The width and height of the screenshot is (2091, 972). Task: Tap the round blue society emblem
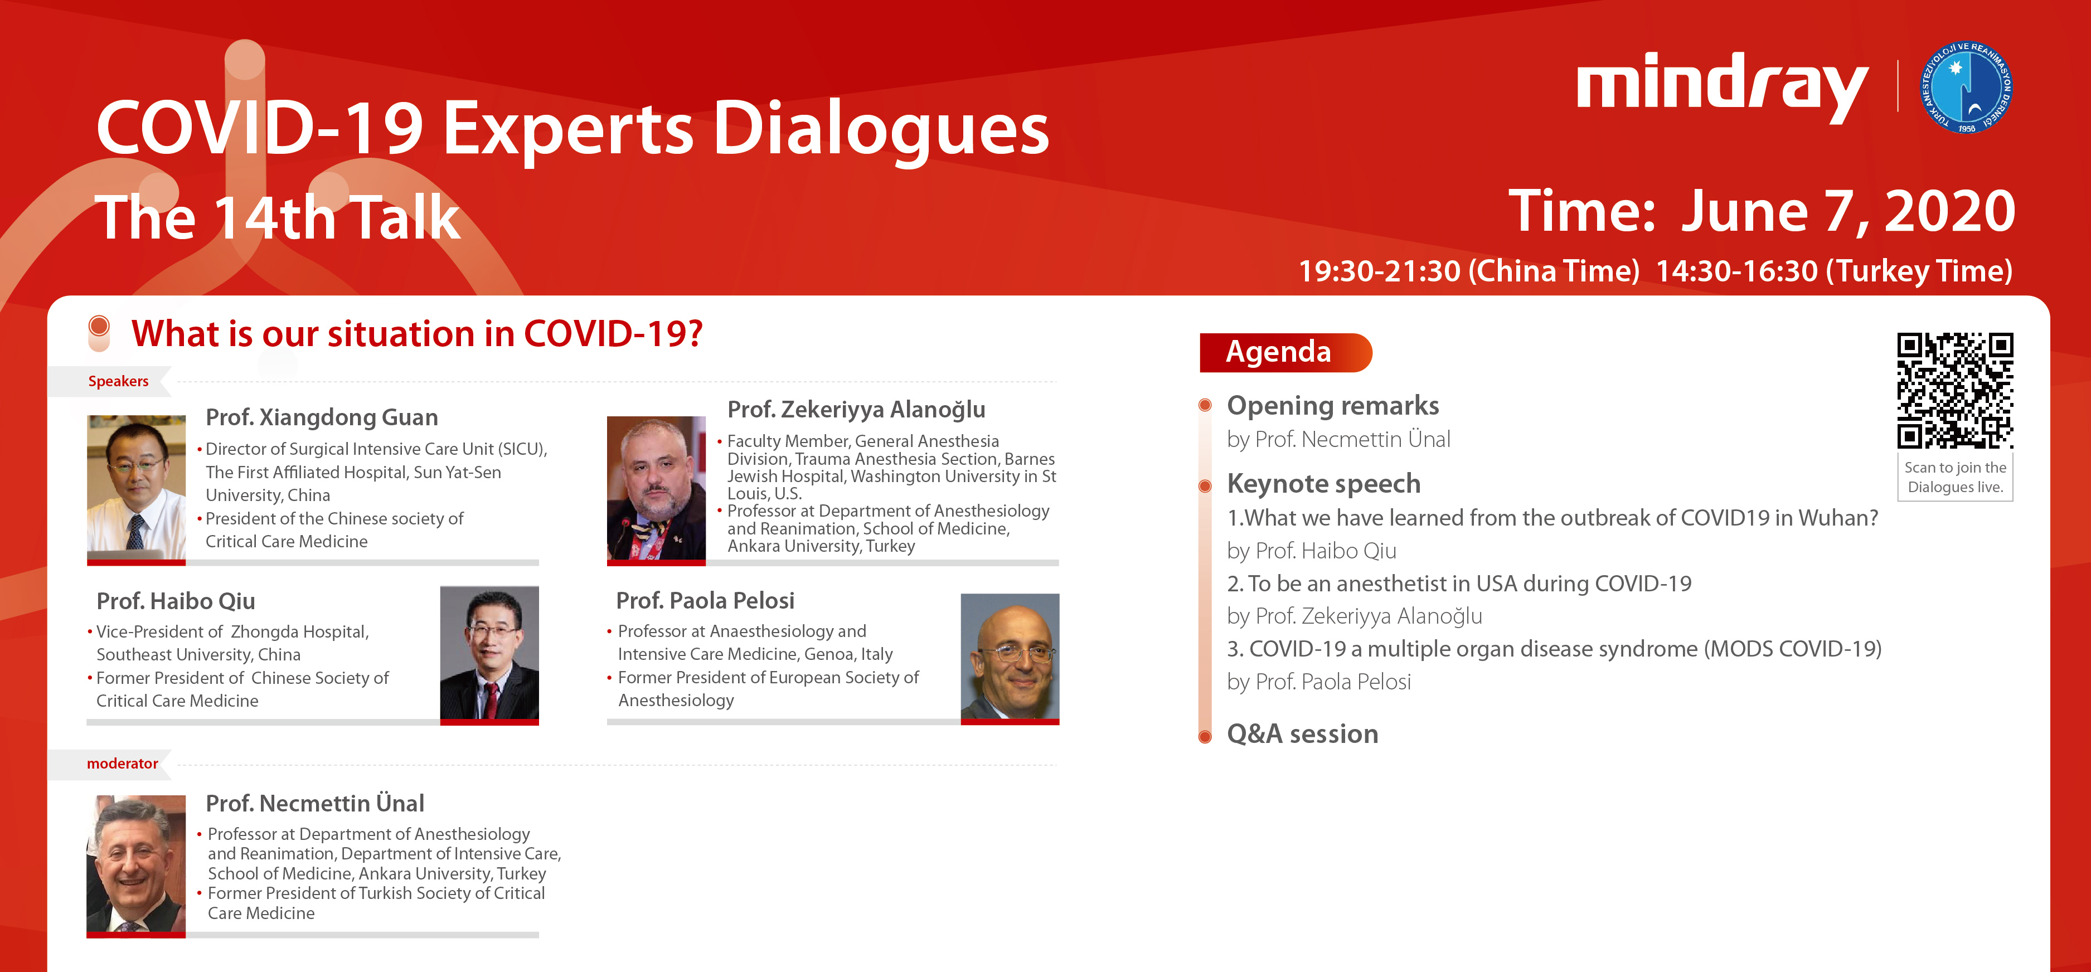click(x=1966, y=87)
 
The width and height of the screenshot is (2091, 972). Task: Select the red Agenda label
click(x=1285, y=352)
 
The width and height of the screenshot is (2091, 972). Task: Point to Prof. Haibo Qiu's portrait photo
click(x=489, y=653)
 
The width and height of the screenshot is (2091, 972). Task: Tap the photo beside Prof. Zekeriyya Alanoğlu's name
click(x=656, y=488)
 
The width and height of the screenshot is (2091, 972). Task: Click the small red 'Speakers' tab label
click(x=119, y=381)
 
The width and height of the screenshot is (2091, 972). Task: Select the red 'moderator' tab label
click(x=123, y=764)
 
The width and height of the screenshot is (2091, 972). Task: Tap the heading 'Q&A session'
click(x=1302, y=734)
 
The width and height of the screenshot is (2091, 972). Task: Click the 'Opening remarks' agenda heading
click(x=1333, y=406)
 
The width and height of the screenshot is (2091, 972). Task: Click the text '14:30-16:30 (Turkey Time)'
click(x=1833, y=271)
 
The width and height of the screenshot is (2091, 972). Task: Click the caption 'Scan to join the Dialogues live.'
click(x=1956, y=477)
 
